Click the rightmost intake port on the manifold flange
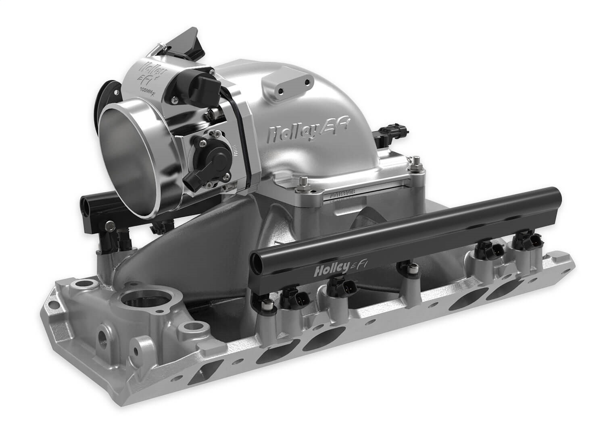504,294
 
